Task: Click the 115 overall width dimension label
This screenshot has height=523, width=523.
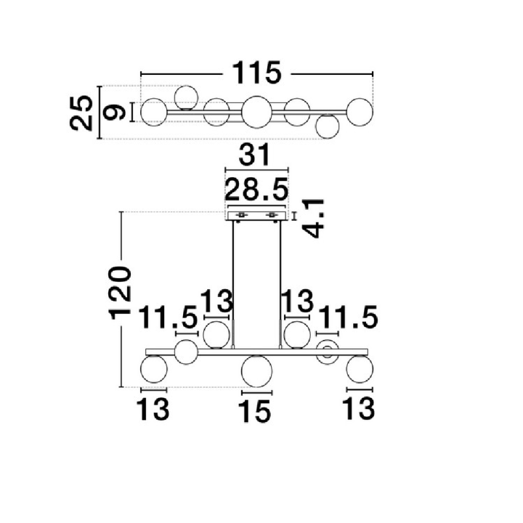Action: [x=256, y=73]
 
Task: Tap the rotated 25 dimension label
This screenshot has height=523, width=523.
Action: [x=81, y=113]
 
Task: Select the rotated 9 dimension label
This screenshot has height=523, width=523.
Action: [x=114, y=112]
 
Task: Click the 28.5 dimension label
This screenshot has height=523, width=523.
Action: [x=256, y=189]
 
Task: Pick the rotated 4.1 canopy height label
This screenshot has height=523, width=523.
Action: [x=313, y=219]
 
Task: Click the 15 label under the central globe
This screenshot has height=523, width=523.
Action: [x=255, y=412]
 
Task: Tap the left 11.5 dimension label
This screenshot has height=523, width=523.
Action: [x=168, y=317]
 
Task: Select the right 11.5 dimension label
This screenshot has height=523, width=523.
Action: [x=348, y=317]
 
